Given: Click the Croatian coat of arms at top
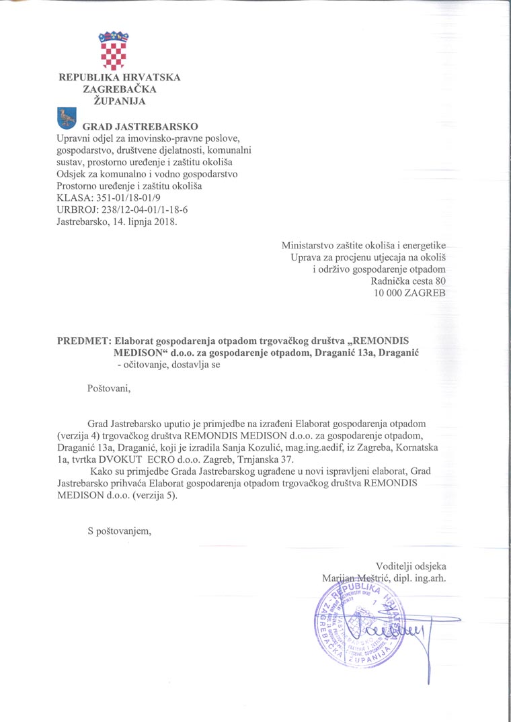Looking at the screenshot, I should [x=112, y=50].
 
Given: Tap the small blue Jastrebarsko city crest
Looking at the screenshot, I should [x=66, y=118].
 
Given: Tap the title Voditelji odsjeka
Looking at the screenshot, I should [x=411, y=566].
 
